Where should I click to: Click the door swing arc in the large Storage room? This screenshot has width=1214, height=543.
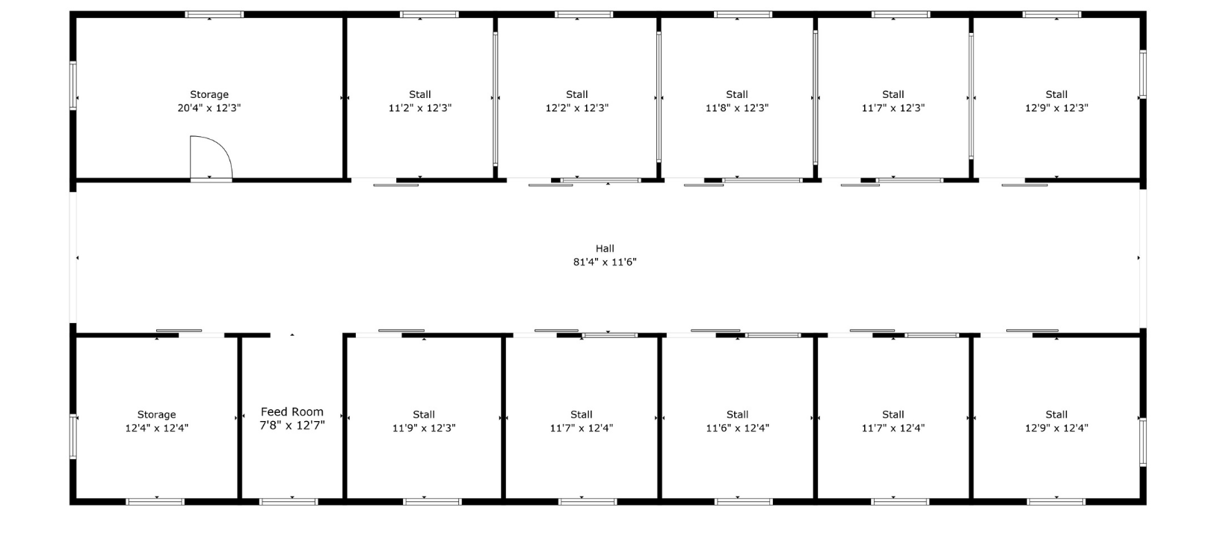pos(224,147)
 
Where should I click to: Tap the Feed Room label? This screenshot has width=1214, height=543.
pos(292,411)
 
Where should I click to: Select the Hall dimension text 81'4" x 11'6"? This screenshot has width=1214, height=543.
pos(605,262)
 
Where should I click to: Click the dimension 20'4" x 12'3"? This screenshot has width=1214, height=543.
pos(209,108)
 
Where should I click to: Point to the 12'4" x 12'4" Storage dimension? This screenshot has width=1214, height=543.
pos(157,428)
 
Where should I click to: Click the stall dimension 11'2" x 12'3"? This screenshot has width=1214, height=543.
pos(420,108)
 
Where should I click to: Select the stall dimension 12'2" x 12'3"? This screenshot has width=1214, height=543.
pos(577,108)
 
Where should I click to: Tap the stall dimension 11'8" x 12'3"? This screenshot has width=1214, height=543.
pos(737,108)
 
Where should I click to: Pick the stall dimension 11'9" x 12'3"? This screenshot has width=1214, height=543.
pos(424,428)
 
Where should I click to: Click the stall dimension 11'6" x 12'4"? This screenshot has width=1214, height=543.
pos(738,428)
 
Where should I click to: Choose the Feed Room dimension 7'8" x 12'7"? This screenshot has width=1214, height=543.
pos(292,426)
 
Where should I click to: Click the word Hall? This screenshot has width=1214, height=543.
pos(605,248)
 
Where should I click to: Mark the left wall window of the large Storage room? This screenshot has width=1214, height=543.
pos(73,86)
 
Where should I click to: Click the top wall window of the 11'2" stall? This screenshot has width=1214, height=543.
pos(429,14)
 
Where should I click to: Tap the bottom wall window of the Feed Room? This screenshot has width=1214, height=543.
pos(289,502)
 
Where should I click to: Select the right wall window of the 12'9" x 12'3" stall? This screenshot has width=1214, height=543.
pos(1143,74)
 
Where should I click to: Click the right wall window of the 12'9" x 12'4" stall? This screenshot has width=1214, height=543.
pos(1143,441)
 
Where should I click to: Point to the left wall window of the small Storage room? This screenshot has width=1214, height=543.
pos(73,437)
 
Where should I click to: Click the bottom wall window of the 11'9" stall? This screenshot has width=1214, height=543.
pos(433,502)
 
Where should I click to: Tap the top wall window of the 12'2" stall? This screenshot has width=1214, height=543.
pos(584,14)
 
